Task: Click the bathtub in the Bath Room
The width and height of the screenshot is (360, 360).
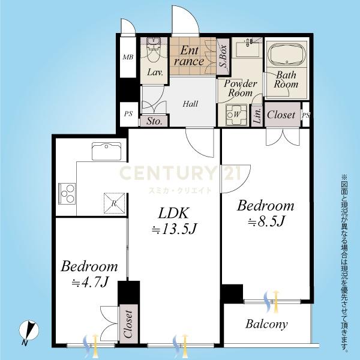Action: (x=287, y=55)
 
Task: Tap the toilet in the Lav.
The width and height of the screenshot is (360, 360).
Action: (x=154, y=50)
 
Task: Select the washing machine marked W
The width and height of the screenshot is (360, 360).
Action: (x=236, y=115)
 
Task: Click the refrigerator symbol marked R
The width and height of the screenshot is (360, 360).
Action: (x=115, y=203)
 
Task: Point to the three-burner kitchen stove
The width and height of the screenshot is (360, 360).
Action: (x=67, y=193)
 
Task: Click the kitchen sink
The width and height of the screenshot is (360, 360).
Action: (x=106, y=151)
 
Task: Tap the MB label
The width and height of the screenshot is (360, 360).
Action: (x=128, y=57)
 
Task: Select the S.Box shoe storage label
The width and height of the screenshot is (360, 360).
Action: (x=223, y=56)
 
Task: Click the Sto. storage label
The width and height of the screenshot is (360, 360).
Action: (x=154, y=121)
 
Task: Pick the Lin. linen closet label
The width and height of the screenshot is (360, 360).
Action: (x=257, y=115)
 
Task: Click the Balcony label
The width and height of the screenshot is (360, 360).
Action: (x=266, y=325)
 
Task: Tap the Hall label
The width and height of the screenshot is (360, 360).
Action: (x=190, y=104)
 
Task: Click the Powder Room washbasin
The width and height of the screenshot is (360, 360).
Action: (x=247, y=48)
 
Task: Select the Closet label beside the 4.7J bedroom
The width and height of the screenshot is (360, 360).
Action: (x=128, y=324)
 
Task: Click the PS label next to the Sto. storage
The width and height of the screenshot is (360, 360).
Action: (x=128, y=113)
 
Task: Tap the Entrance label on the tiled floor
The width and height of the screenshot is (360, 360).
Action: (x=189, y=56)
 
